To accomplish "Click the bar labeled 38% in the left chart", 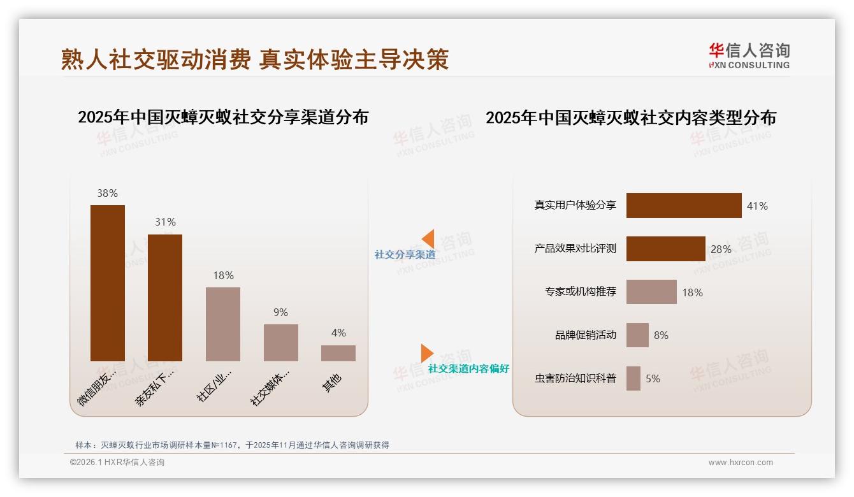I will point(107,283).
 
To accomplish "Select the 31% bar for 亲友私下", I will point(165,298).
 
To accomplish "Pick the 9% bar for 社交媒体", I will point(281,342).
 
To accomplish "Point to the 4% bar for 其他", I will point(338,353).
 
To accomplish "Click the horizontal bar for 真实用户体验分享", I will point(684,205).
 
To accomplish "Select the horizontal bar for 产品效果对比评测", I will point(665,248).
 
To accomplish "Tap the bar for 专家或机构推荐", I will point(651,292).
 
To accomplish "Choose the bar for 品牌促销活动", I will point(637,335).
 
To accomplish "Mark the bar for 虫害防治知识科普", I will point(633,378).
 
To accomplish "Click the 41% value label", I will point(757,206).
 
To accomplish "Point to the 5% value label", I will point(653,378).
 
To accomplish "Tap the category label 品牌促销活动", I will point(586,335).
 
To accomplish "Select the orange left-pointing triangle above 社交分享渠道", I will point(428,239).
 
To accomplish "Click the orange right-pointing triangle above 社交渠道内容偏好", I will point(427,353).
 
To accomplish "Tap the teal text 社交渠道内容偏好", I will point(468,368).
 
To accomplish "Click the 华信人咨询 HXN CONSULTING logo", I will point(749,56).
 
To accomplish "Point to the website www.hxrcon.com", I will point(741,463).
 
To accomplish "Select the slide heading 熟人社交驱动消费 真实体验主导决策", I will point(255,59).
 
